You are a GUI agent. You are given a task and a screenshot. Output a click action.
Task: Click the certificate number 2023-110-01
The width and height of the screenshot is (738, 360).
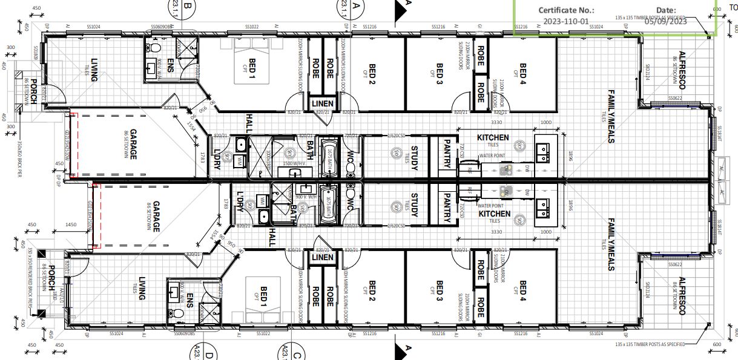pos(566,21)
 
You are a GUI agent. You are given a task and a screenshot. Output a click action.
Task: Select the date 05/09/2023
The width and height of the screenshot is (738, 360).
pos(666,21)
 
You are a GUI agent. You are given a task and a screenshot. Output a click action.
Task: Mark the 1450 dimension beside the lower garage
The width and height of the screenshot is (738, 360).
pos(71,224)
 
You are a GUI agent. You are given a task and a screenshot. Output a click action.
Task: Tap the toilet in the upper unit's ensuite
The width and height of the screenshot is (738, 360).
pos(155,47)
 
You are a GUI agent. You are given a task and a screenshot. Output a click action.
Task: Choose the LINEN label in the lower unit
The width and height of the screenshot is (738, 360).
pos(322,257)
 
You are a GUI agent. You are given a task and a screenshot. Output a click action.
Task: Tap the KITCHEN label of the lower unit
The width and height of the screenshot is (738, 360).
pos(494,214)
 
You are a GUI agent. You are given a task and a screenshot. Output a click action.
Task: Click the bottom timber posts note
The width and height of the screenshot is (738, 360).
pos(650,344)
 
